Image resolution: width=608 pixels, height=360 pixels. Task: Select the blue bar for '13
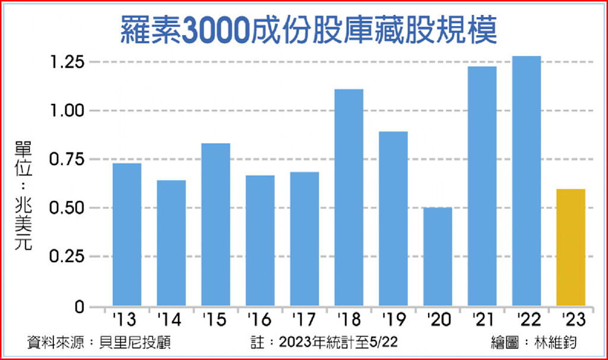127,234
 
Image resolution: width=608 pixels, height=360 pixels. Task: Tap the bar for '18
349,197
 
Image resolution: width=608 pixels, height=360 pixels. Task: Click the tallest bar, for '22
526,181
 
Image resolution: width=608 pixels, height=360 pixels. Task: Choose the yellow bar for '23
571,247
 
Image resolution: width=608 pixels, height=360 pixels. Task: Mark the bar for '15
216,225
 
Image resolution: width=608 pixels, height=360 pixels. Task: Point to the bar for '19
393,219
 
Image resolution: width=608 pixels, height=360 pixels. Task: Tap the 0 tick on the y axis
80,307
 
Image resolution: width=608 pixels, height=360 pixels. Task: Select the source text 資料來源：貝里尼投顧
99,343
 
